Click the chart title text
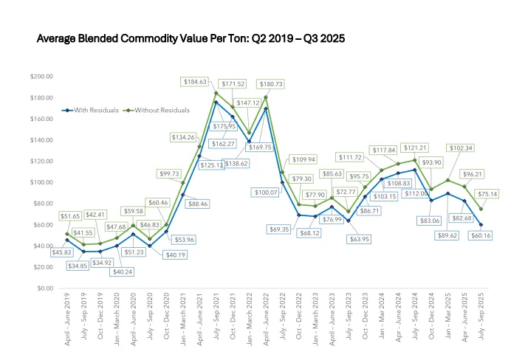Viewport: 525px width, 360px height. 191,37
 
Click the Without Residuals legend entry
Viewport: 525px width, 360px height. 159,110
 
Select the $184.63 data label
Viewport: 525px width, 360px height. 196,81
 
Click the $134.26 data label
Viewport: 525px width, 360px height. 183,137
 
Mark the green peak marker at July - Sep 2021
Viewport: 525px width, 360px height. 216,93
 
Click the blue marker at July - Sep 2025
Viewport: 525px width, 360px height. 481,224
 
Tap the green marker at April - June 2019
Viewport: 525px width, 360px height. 67,234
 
